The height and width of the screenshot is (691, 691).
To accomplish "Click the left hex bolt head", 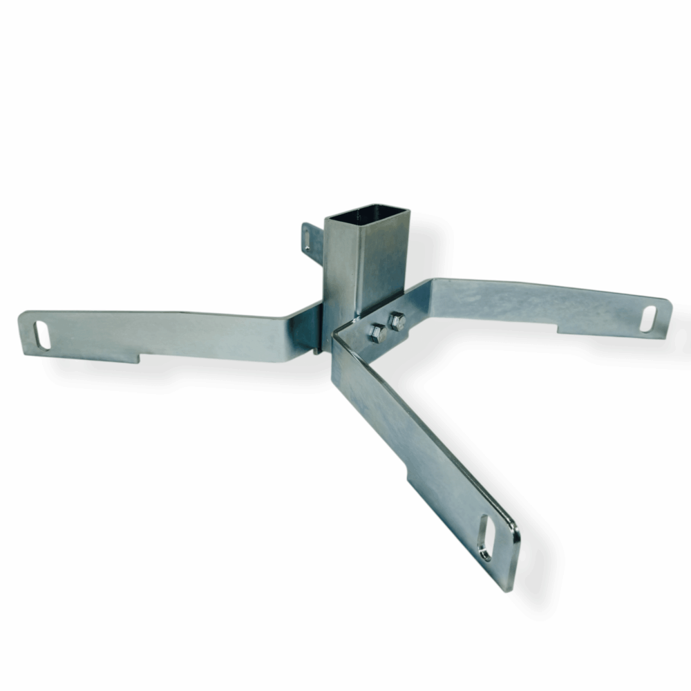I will pos(377,334).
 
